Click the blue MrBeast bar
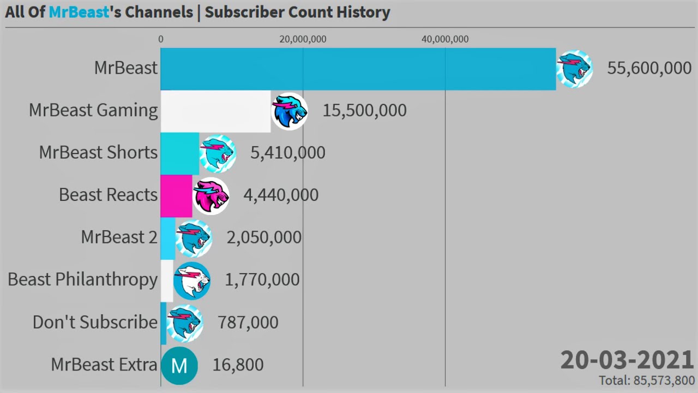coord(358,69)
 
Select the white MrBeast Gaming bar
coord(215,111)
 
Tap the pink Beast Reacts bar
coord(176,195)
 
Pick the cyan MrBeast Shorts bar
coord(179,153)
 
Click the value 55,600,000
coord(649,68)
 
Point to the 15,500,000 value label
coord(364,110)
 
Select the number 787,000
coord(248,322)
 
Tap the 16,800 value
coord(238,365)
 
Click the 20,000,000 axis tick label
coord(303,39)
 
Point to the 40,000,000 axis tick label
coord(445,39)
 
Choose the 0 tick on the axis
coord(160,39)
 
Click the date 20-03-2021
coord(627,360)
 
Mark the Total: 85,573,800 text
coord(647,380)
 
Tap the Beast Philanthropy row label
coord(82,279)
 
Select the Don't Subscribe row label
coord(95,322)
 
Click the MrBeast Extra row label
coord(104,365)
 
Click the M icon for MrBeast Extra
coord(179,366)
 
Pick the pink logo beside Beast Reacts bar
coord(211,195)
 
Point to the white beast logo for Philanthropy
coord(192,281)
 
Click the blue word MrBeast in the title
coord(79,12)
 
